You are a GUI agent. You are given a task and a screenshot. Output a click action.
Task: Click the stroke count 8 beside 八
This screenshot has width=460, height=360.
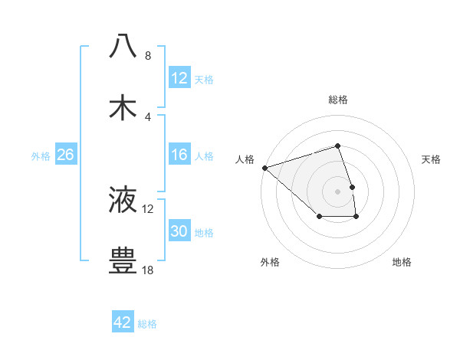click(148, 55)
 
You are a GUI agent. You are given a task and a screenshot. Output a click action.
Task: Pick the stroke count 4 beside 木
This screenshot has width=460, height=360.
click(148, 117)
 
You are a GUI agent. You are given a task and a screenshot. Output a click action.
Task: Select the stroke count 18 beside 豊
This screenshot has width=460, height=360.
click(148, 270)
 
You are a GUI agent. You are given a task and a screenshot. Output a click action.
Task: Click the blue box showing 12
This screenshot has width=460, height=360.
click(179, 78)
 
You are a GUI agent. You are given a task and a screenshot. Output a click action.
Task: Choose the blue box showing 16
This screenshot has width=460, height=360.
click(179, 155)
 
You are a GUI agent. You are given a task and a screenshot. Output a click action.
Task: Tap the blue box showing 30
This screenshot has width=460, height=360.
click(179, 231)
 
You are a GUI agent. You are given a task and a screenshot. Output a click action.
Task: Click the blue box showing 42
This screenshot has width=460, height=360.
click(123, 322)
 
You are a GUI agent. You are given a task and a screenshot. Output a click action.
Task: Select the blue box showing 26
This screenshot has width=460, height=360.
click(65, 155)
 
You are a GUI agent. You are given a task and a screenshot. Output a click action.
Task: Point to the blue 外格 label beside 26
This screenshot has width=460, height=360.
click(41, 155)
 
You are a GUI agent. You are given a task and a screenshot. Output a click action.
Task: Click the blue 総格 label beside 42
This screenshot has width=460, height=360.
click(147, 323)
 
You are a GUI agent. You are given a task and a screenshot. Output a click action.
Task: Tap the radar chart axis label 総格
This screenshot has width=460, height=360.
click(337, 100)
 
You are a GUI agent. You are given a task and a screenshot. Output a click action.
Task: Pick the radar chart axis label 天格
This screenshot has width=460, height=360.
click(432, 159)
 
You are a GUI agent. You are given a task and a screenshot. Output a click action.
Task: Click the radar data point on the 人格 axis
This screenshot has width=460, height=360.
click(264, 167)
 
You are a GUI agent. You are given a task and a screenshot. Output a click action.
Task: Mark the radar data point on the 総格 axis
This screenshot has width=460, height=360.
click(337, 146)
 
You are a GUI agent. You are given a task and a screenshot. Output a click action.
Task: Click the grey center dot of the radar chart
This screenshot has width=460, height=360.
click(337, 191)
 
